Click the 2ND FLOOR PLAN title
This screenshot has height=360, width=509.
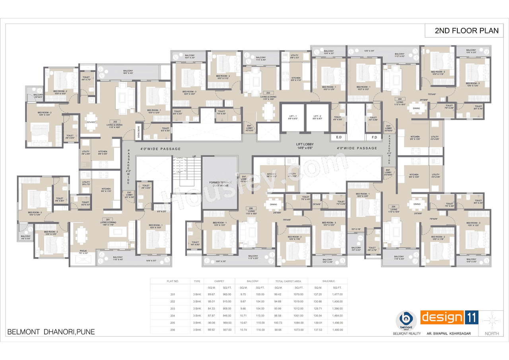point(466,31)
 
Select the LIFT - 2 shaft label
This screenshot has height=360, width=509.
point(317,117)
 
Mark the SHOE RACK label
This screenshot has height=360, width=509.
point(139,130)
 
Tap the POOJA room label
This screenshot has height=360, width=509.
point(83,251)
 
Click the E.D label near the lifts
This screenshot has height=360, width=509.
point(339,137)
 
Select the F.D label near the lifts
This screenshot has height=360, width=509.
point(374,137)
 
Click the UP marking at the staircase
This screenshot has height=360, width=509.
point(194,156)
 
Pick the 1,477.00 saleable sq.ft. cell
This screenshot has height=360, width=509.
point(337,294)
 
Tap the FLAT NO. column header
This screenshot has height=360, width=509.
point(172,281)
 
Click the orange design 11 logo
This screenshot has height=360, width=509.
point(449,318)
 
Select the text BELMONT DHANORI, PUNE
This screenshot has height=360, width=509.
point(51,332)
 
